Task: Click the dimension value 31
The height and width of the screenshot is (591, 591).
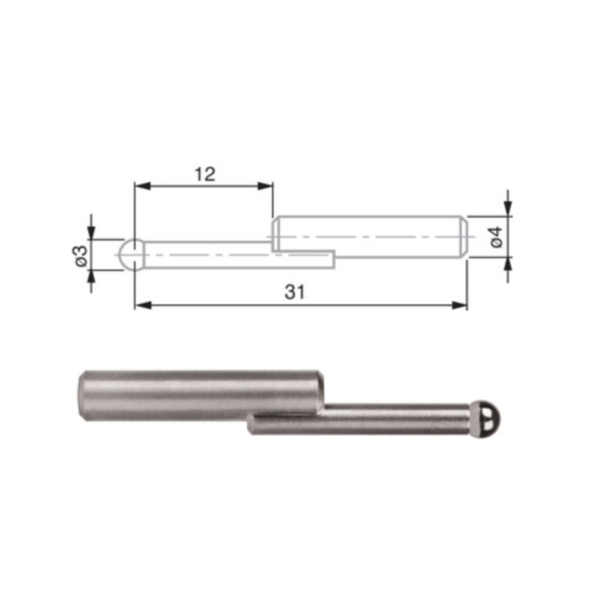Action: (295, 293)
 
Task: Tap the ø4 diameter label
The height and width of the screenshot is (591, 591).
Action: (496, 236)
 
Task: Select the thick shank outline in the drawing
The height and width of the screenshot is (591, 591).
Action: (369, 236)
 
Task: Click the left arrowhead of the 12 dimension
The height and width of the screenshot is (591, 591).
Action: (140, 187)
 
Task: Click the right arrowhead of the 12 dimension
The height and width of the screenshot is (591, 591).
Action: (266, 187)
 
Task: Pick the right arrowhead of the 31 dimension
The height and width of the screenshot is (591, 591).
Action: (462, 305)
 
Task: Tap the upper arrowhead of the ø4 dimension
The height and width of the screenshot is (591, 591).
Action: (507, 209)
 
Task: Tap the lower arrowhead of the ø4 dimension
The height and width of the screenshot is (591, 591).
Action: (507, 264)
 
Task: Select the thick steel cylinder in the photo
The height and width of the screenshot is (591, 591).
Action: (199, 396)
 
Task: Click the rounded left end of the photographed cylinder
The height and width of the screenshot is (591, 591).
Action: (82, 396)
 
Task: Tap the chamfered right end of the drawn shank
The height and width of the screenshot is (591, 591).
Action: (463, 236)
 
